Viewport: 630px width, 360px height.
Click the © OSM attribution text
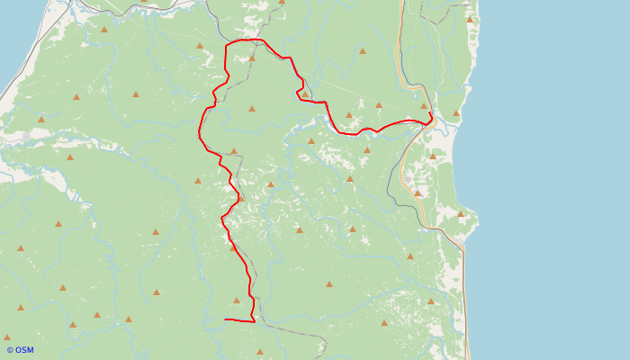pos(20,350)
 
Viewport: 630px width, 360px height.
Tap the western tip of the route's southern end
pos(225,319)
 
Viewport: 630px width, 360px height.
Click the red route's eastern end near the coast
pos(432,119)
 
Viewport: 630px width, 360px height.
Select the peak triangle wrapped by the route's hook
pos(305,94)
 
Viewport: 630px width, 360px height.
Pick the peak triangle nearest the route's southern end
pos(237,301)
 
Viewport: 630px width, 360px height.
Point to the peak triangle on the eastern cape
pos(461,213)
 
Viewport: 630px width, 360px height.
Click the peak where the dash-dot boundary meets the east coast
pos(469,19)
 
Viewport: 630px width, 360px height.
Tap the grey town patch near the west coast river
pos(36,135)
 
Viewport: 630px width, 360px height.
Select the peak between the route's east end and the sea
pos(456,113)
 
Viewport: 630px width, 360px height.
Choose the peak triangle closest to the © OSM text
pos(7,337)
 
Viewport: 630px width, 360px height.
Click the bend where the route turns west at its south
pos(254,320)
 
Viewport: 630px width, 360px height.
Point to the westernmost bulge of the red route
pos(199,135)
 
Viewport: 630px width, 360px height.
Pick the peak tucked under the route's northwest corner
pos(252,58)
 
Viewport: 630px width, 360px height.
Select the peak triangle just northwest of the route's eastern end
pos(424,106)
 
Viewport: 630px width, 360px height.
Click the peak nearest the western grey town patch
pos(41,119)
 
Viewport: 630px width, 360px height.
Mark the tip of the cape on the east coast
pos(477,220)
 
